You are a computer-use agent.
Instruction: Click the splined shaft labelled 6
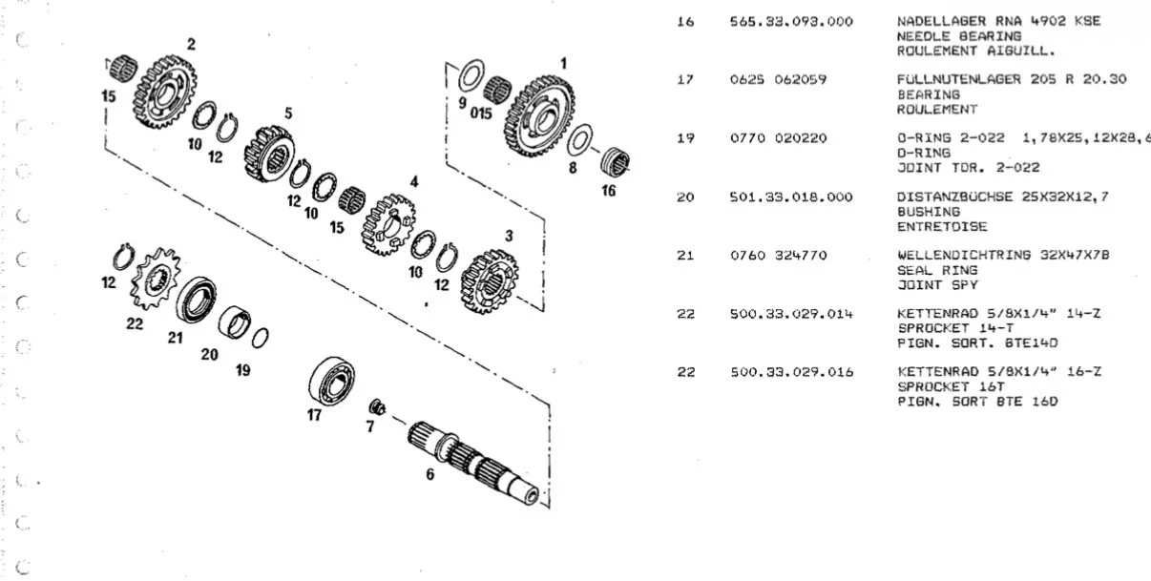tap(473, 463)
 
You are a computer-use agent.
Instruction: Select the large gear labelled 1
tap(539, 116)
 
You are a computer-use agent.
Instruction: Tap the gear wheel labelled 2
tap(164, 92)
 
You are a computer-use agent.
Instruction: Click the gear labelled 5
tap(269, 154)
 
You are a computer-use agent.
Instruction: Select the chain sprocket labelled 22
tap(156, 278)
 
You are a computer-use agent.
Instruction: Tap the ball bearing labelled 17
tap(331, 381)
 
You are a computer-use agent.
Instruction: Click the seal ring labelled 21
tap(196, 300)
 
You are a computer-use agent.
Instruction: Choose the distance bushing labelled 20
tap(235, 322)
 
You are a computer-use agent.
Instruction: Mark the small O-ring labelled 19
tap(260, 338)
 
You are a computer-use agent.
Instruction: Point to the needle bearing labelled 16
tap(615, 161)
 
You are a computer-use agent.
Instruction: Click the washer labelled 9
tap(471, 75)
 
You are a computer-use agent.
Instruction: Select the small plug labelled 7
tap(377, 407)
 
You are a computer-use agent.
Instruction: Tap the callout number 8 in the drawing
tap(573, 168)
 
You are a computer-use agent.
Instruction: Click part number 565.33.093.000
tap(791, 22)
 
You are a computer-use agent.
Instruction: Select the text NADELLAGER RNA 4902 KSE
tap(998, 21)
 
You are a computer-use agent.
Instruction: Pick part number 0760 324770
tap(779, 256)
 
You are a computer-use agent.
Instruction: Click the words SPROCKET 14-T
tap(955, 328)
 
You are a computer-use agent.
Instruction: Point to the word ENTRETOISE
tap(942, 226)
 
